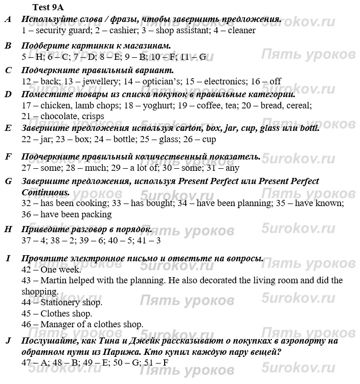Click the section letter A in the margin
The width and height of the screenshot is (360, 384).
point(8,19)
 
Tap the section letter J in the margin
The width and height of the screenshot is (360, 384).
point(8,341)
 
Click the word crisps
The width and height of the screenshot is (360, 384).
point(93,116)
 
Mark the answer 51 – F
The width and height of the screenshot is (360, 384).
point(157,363)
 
